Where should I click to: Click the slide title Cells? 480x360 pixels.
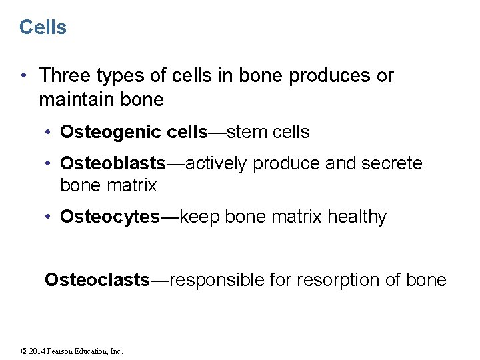coord(43,27)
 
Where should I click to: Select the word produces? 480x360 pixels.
coord(331,76)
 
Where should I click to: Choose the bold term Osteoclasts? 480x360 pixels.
coord(97,280)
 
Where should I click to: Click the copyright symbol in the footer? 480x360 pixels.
coord(24,351)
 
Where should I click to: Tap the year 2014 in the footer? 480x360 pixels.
coord(37,351)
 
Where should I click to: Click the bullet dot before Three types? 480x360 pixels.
coord(24,76)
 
